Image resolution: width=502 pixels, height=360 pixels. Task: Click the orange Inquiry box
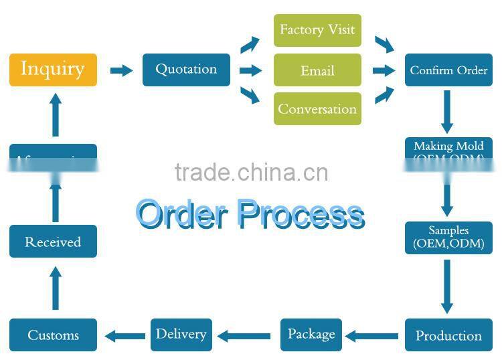[53, 70]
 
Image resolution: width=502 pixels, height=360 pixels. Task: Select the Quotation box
[186, 70]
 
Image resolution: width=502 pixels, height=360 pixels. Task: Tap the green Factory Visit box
[317, 30]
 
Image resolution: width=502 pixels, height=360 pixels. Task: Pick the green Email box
[317, 70]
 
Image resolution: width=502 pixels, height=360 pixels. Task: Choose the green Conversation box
[317, 108]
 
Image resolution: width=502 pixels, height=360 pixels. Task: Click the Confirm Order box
[448, 70]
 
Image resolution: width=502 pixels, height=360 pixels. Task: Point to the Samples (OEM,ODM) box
[448, 238]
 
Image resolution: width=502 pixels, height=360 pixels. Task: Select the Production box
[448, 335]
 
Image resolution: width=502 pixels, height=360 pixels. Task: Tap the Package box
[311, 335]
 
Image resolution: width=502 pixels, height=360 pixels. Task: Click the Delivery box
[181, 335]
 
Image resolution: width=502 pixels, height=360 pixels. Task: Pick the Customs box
[53, 335]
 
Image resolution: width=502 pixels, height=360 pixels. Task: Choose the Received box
[53, 242]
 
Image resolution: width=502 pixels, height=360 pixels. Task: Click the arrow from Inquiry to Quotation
[121, 70]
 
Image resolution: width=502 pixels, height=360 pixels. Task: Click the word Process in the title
[301, 214]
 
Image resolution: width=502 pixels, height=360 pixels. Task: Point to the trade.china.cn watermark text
[251, 172]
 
